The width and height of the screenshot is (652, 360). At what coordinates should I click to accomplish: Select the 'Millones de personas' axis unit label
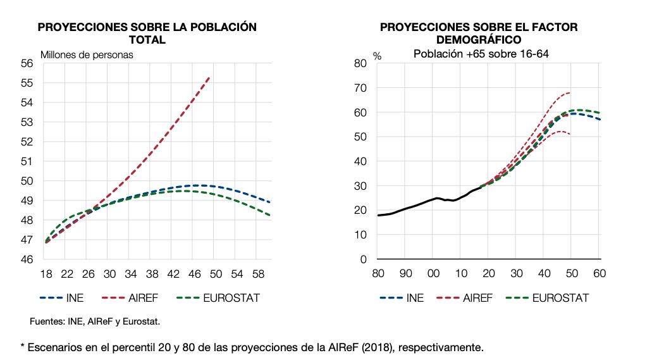click(87, 54)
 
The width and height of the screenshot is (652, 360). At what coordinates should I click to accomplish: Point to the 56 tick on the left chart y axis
click(27, 63)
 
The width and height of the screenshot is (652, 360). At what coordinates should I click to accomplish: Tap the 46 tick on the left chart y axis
click(27, 259)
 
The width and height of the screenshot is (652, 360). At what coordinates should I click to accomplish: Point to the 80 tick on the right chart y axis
click(360, 63)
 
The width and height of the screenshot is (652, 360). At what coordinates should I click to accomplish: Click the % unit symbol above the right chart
click(377, 56)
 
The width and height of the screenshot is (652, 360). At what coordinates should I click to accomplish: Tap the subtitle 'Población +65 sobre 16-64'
click(480, 54)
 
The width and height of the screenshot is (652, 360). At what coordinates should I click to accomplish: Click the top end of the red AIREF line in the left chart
click(209, 77)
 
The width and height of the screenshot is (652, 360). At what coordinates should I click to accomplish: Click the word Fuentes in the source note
click(46, 321)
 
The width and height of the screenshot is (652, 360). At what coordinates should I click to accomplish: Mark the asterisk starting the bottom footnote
click(23, 346)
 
